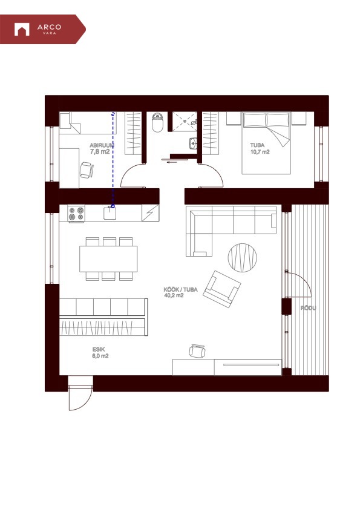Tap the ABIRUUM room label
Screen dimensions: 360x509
102,145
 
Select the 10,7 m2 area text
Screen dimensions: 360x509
260,151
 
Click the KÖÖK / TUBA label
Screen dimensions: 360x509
180,289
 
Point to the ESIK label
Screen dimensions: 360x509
99,350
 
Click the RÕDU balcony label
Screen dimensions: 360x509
308,307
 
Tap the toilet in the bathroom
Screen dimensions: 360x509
157,122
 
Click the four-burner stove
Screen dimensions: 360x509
76,213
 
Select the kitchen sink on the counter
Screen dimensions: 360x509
110,213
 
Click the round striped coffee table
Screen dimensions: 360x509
242,258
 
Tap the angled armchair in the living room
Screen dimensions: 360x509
221,289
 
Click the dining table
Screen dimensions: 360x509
108,258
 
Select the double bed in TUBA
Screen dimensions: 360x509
266,143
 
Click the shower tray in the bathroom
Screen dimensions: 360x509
185,122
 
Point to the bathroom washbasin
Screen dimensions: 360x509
193,143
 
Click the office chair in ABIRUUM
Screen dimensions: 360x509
87,170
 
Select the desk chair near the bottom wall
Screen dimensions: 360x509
197,351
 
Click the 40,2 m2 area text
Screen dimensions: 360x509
174,295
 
